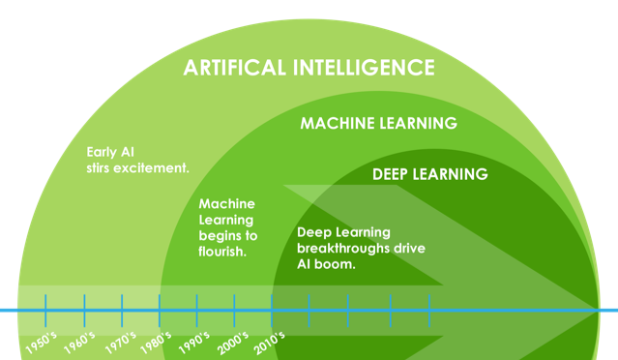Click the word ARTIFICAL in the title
coord(234,68)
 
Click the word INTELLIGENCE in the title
coord(364,68)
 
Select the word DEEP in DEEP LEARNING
coord(390,174)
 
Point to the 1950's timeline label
coord(41,343)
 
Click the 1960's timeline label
coord(79,343)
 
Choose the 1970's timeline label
coord(121,343)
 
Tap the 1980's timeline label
coord(156,343)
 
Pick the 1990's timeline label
coord(194,343)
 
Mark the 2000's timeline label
coord(232,343)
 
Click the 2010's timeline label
coord(269,343)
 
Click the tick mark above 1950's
coord(45,311)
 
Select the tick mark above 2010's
coord(272,311)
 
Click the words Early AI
coord(110,152)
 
